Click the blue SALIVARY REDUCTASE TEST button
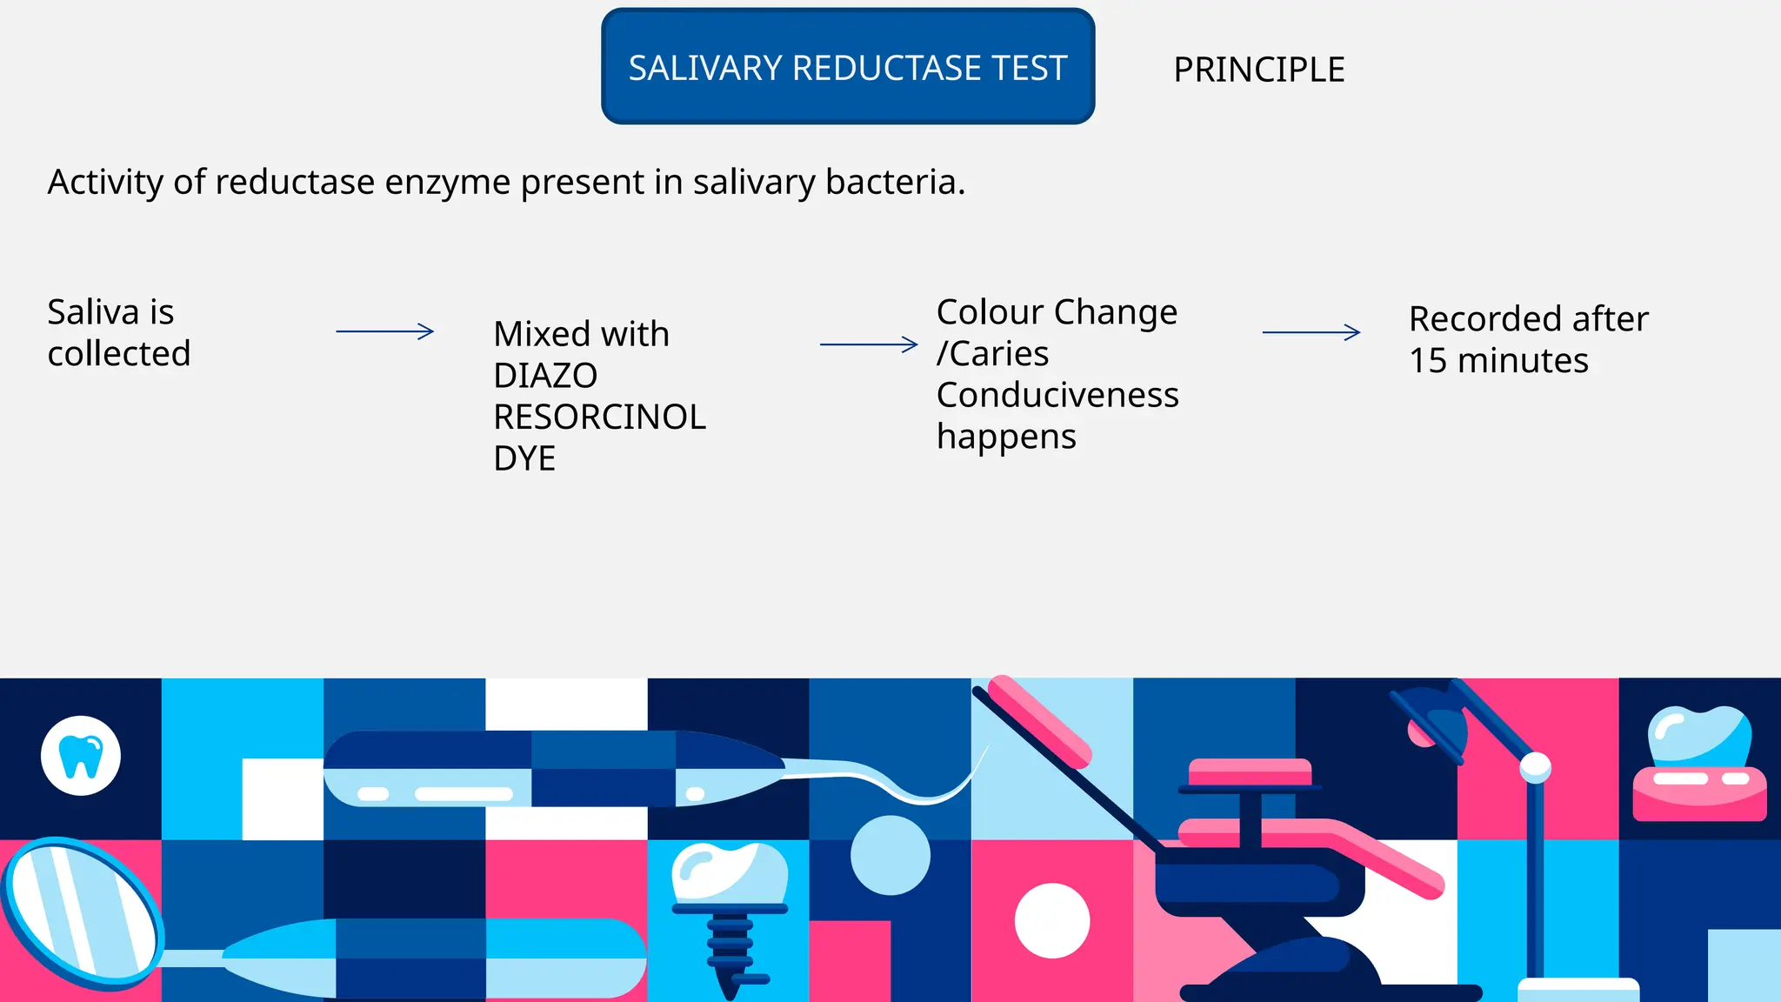[x=847, y=67]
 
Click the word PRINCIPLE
[x=1258, y=70]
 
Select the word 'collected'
[x=118, y=354]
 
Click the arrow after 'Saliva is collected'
[x=384, y=331]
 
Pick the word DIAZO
[x=544, y=376]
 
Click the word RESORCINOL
[x=599, y=417]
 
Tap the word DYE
[x=524, y=459]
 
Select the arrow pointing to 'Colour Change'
[x=868, y=344]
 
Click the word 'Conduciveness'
[x=1057, y=395]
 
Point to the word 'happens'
[x=1006, y=437]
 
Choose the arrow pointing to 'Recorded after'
[x=1311, y=332]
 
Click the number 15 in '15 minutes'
[x=1428, y=361]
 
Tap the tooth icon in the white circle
[x=81, y=756]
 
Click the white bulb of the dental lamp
[x=1535, y=766]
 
